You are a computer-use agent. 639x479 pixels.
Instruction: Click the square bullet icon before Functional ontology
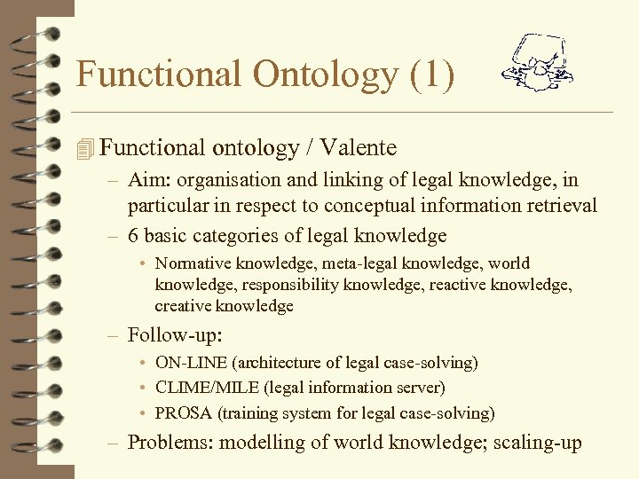click(x=84, y=149)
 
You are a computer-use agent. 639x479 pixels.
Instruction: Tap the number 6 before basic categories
click(x=133, y=235)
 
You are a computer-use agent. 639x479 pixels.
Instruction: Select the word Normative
click(x=191, y=263)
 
